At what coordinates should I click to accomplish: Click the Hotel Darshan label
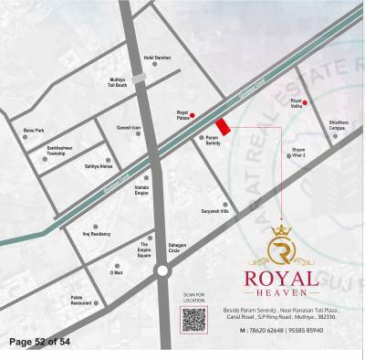[158, 58]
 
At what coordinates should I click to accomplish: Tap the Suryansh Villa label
[216, 211]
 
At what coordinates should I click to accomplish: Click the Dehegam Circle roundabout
[162, 270]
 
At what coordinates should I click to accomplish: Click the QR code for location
[193, 320]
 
